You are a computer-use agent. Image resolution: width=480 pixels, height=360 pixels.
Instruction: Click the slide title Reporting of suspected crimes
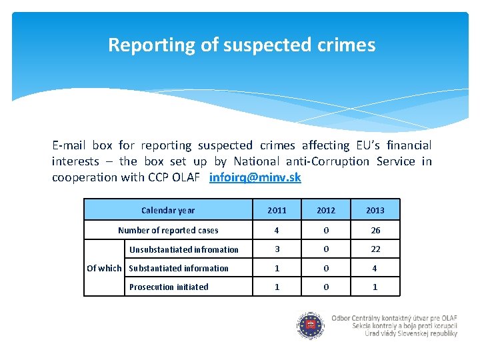[x=242, y=45]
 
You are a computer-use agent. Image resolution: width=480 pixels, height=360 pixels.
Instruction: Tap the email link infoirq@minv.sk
[x=255, y=177]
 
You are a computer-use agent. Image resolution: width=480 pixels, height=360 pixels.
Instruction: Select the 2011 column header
[x=277, y=210]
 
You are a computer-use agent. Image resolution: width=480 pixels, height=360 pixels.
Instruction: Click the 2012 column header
[x=326, y=210]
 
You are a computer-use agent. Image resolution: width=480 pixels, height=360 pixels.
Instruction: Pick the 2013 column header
[x=375, y=210]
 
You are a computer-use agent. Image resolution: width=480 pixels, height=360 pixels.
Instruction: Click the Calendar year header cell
[x=168, y=210]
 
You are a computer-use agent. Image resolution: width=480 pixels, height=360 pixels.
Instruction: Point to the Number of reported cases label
[x=168, y=230]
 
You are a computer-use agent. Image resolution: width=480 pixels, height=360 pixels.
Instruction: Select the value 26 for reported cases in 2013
[x=375, y=230]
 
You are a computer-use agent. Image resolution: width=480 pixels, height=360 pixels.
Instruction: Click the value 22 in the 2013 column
[x=375, y=249]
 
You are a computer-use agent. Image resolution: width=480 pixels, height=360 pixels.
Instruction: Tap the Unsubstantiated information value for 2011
[x=277, y=249]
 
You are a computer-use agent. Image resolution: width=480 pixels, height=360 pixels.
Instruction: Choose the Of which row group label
[x=104, y=268]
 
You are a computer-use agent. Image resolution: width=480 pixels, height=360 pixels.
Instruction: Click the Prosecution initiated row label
[x=169, y=287]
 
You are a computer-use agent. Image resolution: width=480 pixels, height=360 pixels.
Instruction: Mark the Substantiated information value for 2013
[x=375, y=269]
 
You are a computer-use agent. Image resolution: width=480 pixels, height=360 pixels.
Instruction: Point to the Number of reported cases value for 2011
[x=277, y=230]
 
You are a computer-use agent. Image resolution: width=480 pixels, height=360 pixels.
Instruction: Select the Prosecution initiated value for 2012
[x=326, y=287]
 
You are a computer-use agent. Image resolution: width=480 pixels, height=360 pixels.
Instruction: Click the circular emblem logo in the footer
[x=311, y=326]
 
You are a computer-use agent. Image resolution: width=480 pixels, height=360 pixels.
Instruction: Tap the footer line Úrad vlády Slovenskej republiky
[x=411, y=333]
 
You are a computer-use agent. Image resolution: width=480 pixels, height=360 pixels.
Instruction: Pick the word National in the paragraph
[x=257, y=161]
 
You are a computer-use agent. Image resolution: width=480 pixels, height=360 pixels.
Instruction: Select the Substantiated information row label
[x=179, y=269]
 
